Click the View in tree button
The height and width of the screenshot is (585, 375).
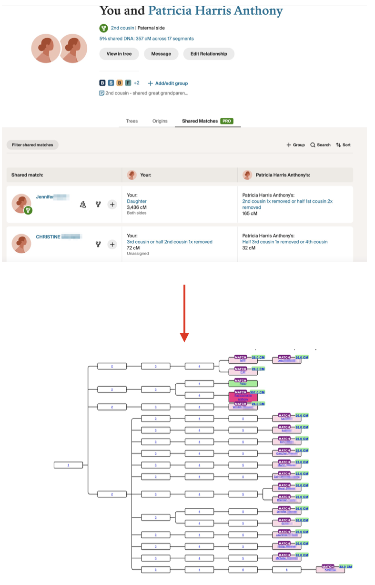(119, 54)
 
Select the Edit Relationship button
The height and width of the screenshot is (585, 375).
(209, 54)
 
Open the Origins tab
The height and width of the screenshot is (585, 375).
(160, 121)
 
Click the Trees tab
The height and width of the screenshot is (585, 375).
(132, 121)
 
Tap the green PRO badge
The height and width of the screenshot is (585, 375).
(227, 121)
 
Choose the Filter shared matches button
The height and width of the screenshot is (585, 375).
(32, 145)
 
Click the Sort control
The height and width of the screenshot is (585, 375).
(343, 145)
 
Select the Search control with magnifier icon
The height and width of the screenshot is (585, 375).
(320, 145)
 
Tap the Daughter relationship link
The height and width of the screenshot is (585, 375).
(137, 202)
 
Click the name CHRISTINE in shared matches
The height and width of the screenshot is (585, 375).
(48, 237)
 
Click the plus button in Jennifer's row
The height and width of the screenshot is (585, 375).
(112, 205)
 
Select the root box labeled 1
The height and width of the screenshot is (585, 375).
(68, 465)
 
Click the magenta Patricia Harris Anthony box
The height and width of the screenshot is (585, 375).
(243, 398)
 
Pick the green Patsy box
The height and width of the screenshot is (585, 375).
(243, 383)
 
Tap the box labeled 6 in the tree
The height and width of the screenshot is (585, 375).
(286, 569)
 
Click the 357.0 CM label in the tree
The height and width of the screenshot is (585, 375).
(257, 392)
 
